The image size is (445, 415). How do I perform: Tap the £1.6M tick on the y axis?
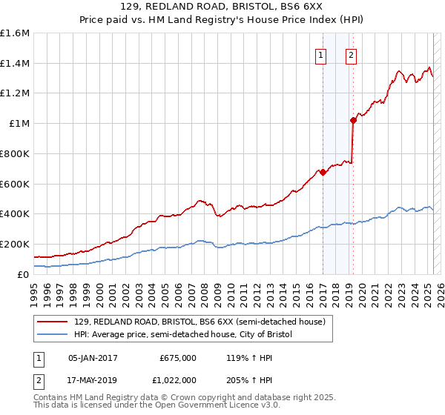15,33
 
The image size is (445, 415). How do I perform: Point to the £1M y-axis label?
19,124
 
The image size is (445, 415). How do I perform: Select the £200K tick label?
15,244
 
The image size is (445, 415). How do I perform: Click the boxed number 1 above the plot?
320,53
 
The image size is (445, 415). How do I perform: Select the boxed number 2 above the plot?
350,53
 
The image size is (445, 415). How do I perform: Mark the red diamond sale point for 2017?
323,173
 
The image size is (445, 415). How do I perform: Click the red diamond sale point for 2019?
353,120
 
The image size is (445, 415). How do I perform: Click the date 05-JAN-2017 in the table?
93,357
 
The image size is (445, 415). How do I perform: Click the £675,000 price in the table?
178,357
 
